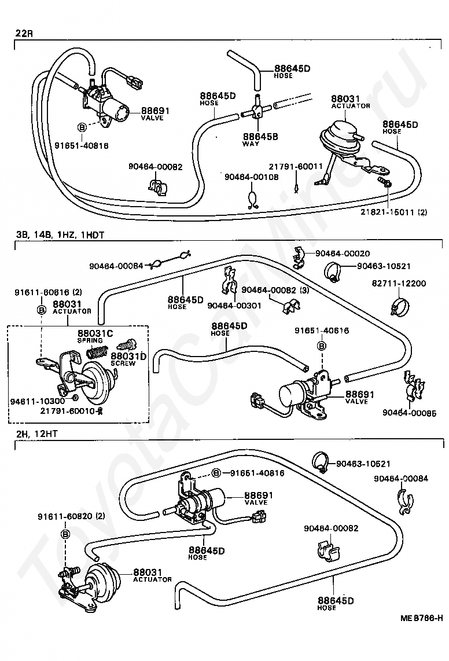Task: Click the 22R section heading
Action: pos(24,33)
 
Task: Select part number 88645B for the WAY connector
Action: pos(260,137)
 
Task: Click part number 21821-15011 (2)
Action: pos(393,212)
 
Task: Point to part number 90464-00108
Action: pos(251,177)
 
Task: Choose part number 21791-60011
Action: pos(296,167)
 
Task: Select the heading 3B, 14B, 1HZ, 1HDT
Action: pos(60,235)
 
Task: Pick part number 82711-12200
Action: pos(399,283)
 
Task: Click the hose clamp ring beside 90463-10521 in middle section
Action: pos(333,271)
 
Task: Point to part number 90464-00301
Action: pos(234,306)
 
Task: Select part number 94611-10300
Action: pos(38,401)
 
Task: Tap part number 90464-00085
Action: pos(409,413)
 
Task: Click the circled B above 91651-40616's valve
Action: pos(322,346)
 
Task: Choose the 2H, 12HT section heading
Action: pos(36,433)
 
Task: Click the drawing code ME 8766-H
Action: pos(422,618)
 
